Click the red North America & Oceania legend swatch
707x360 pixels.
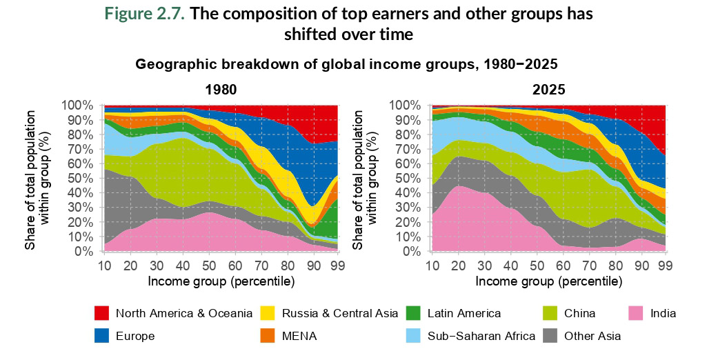click(x=102, y=314)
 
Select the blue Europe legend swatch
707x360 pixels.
click(x=102, y=336)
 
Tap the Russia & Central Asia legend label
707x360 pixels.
click(x=340, y=314)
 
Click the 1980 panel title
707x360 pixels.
click(x=220, y=90)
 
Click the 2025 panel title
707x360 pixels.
click(x=549, y=90)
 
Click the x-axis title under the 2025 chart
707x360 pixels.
click(x=549, y=281)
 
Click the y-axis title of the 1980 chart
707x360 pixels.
click(x=38, y=178)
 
